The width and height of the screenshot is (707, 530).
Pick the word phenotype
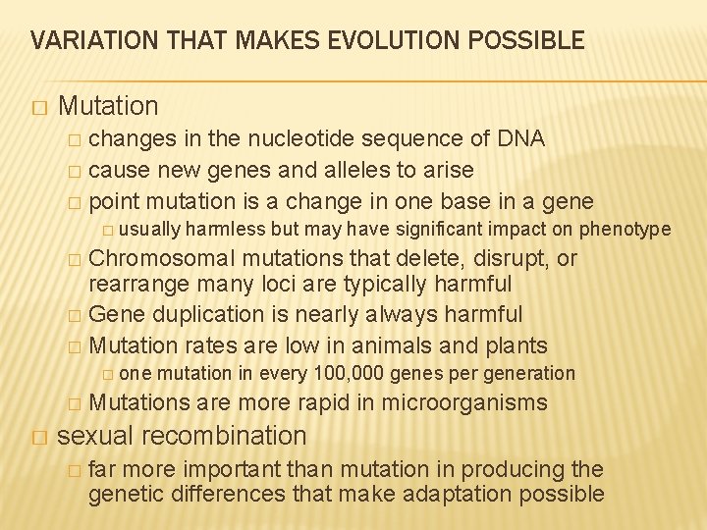pos(625,230)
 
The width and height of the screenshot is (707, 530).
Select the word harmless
pos(225,230)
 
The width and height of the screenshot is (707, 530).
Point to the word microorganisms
pos(464,402)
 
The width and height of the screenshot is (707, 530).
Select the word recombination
pos(227,435)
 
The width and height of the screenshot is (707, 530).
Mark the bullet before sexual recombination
pos(38,436)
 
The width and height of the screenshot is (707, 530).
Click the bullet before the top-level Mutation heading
pos(38,106)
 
